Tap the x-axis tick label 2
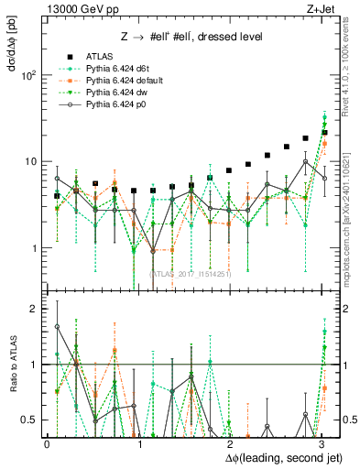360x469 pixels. coord(231,442)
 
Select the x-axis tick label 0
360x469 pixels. coord(47,442)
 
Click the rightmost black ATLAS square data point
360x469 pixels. coord(324,133)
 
